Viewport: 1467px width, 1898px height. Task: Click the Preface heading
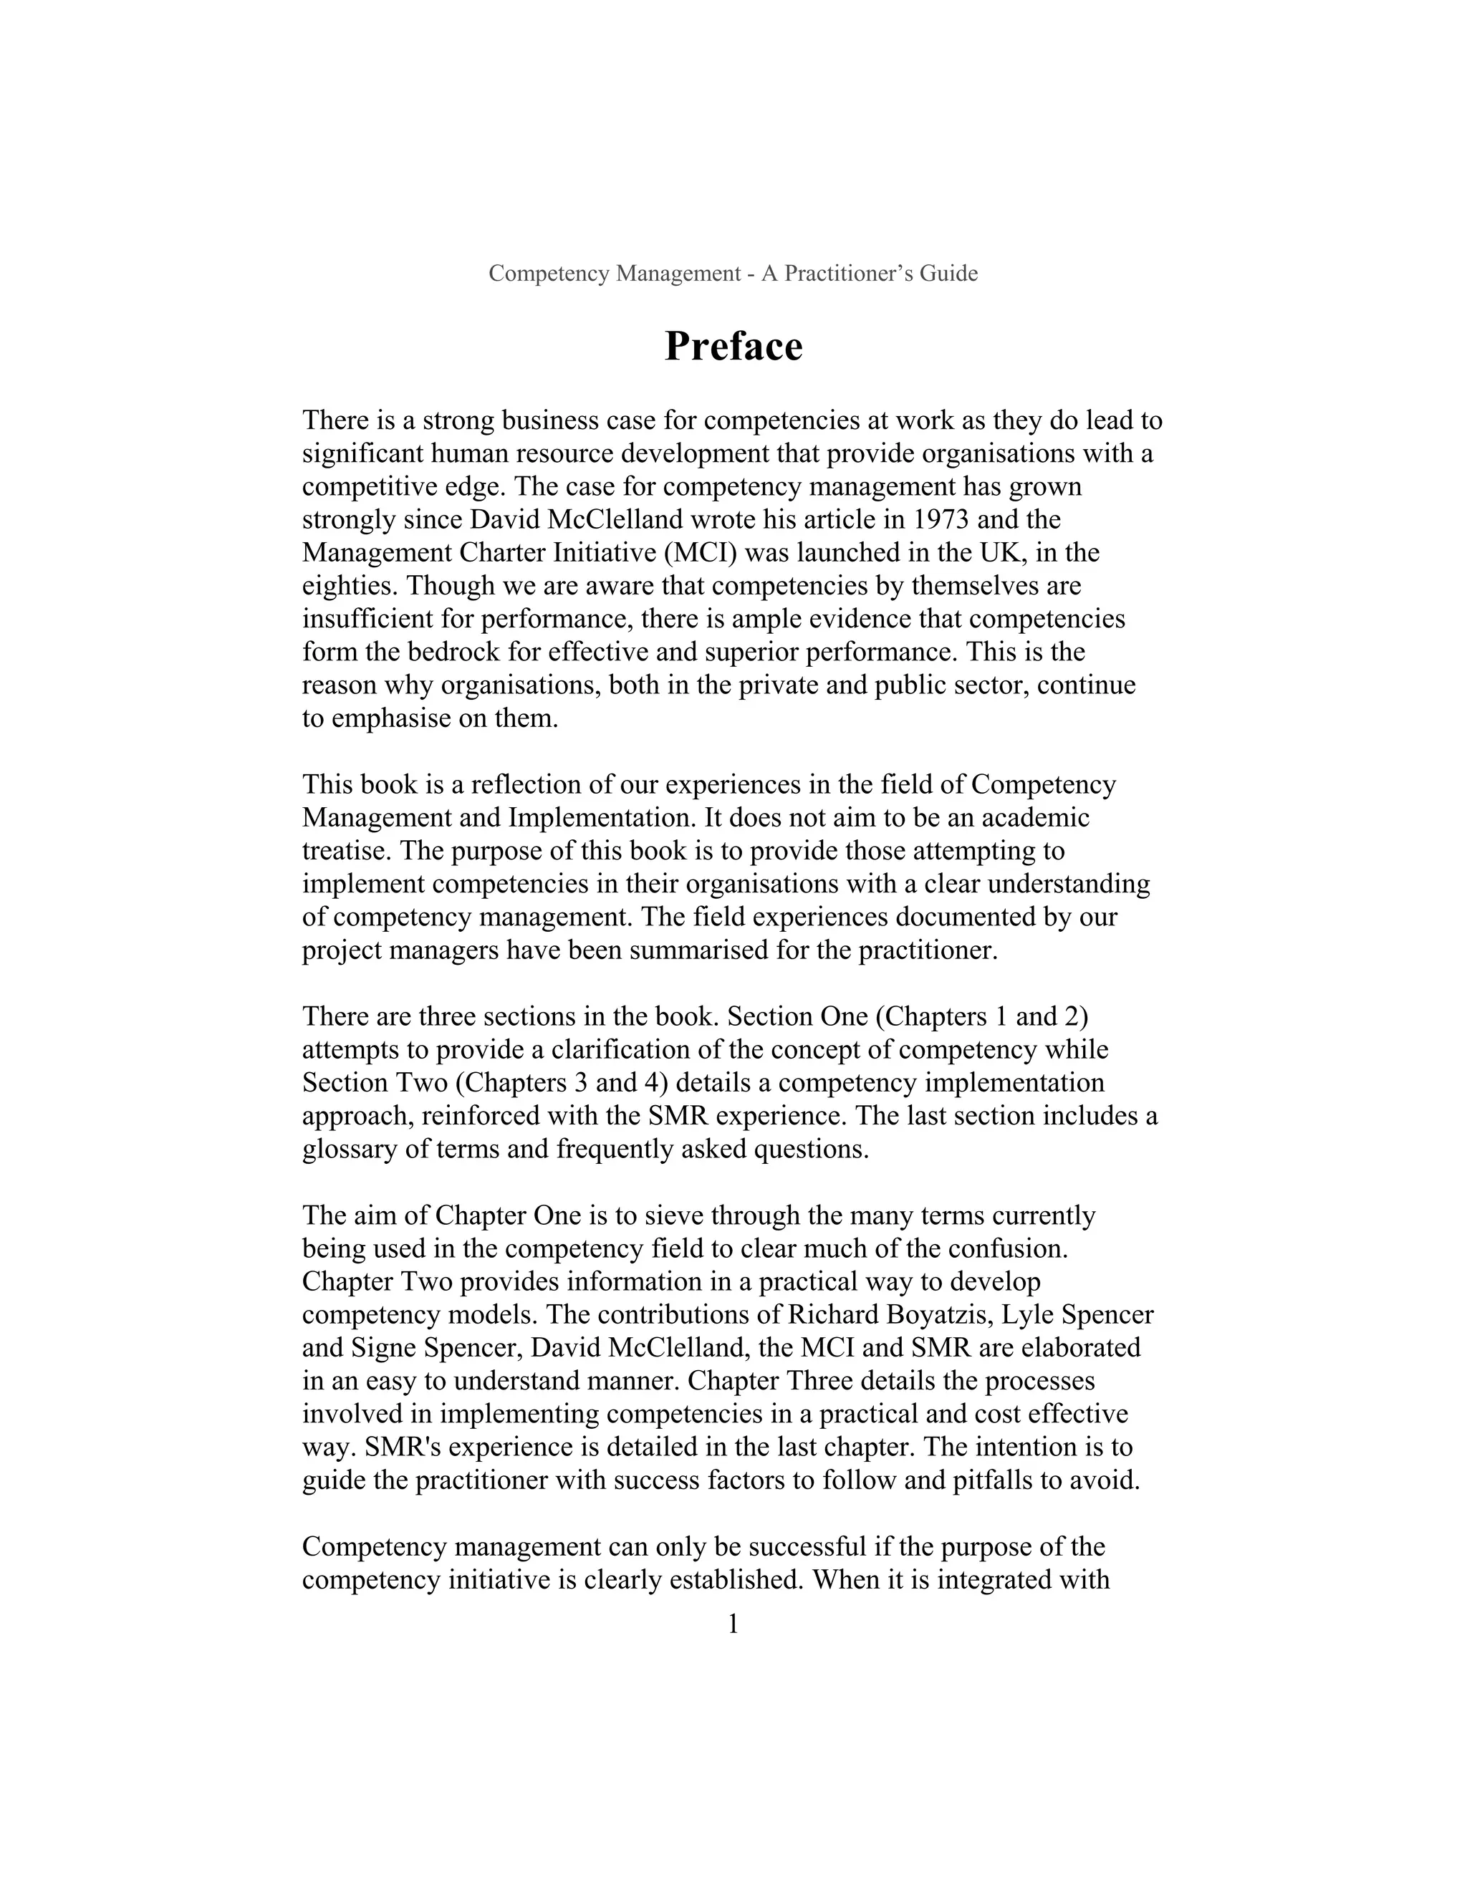(733, 346)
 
